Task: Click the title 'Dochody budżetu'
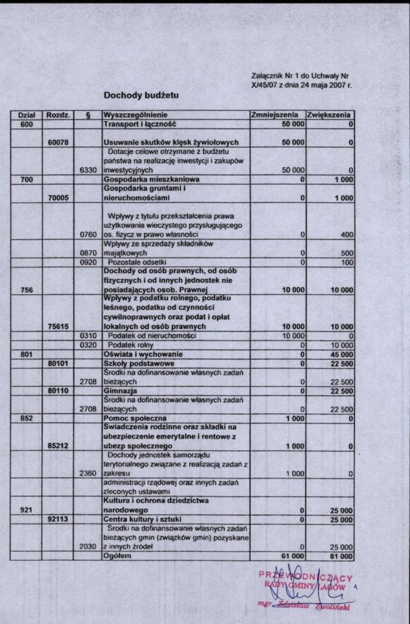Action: coord(141,96)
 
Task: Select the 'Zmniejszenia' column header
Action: coord(275,115)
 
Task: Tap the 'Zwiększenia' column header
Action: coord(329,115)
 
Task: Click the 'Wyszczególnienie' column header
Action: coord(136,115)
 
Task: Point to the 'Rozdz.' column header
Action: coord(58,115)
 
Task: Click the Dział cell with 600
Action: coord(27,124)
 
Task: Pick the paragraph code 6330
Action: coord(88,171)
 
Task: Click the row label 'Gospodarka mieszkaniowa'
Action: coord(143,180)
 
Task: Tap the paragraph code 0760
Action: coord(88,235)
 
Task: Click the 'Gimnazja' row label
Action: coord(121,390)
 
